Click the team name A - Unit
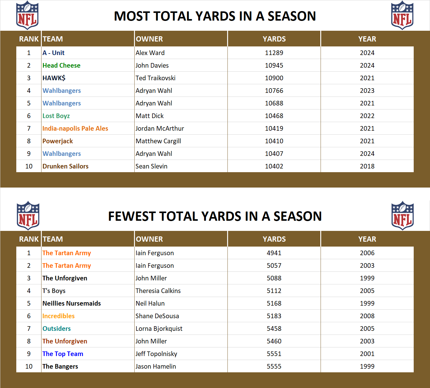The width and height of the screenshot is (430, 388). click(53, 53)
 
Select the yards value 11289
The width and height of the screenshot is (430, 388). click(274, 53)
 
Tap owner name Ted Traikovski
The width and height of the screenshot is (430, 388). click(156, 78)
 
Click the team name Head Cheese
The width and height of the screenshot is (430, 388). click(61, 65)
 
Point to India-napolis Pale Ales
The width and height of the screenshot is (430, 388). click(75, 129)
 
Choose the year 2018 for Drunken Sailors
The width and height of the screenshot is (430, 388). click(367, 166)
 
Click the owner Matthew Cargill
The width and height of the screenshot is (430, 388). click(158, 141)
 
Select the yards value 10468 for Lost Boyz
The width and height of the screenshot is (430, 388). click(274, 116)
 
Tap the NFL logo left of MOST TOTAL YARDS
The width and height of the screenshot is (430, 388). click(27, 16)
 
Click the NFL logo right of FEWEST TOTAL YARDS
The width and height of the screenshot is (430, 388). click(402, 216)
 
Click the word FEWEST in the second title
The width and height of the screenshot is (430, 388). click(132, 216)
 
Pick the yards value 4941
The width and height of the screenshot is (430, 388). click(274, 253)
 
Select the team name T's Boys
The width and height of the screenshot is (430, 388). click(54, 291)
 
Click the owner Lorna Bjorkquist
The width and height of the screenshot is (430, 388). click(159, 329)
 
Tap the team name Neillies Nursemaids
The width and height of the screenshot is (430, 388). click(72, 303)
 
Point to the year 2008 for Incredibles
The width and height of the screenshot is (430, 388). click(367, 316)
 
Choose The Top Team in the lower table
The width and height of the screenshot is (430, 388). click(63, 354)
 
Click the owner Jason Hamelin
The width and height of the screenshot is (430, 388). click(156, 366)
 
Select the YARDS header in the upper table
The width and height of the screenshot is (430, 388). click(274, 39)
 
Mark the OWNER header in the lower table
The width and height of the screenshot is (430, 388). click(149, 239)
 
